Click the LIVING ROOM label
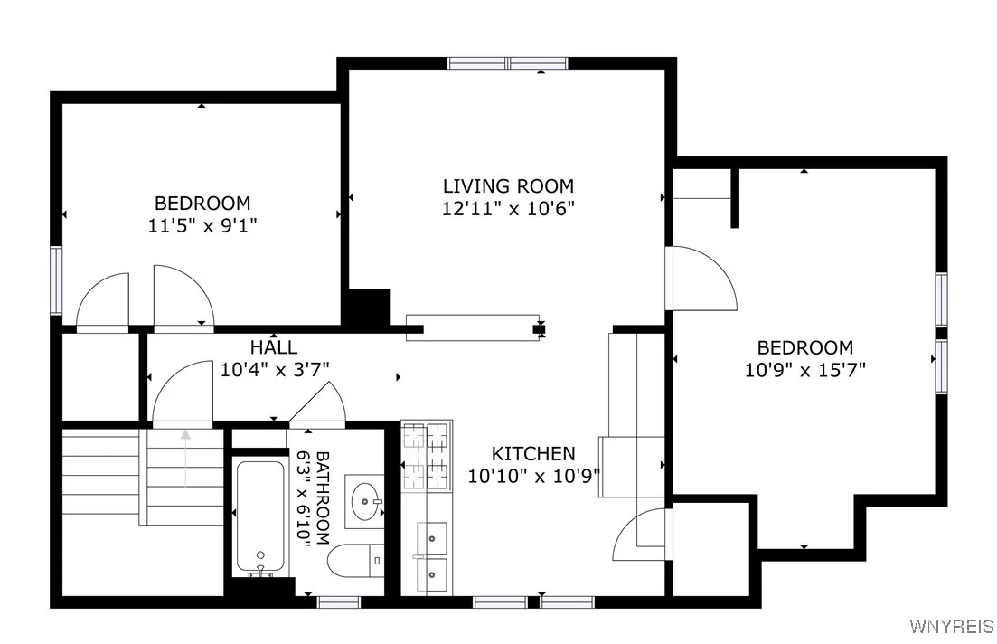pyautogui.click(x=507, y=186)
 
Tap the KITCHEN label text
pyautogui.click(x=533, y=453)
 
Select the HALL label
pyautogui.click(x=273, y=347)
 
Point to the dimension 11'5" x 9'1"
pyautogui.click(x=202, y=225)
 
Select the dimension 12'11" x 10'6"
pyautogui.click(x=507, y=208)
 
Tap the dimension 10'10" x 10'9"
pyautogui.click(x=533, y=475)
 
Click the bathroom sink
pyautogui.click(x=367, y=497)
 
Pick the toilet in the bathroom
pyautogui.click(x=355, y=560)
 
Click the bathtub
pyautogui.click(x=259, y=517)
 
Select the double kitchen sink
pyautogui.click(x=431, y=555)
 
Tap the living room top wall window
pyautogui.click(x=508, y=63)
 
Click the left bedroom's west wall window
pyautogui.click(x=56, y=280)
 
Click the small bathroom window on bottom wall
pyautogui.click(x=339, y=601)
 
